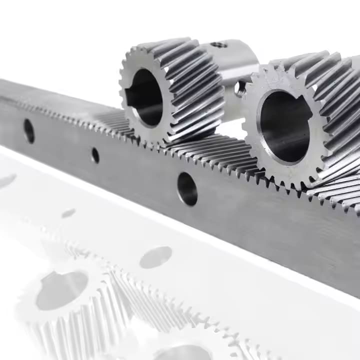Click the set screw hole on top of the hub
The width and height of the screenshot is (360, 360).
pos(219,45)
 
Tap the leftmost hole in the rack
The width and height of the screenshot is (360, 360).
pos(29,130)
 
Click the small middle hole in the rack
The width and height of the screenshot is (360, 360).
pos(95,155)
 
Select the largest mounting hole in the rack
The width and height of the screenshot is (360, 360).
pos(187,188)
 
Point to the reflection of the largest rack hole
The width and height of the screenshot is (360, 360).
pos(155,257)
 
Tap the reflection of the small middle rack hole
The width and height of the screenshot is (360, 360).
pos(68,213)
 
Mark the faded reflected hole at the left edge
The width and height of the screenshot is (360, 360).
pos(6,181)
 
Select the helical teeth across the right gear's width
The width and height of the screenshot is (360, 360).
pos(335,115)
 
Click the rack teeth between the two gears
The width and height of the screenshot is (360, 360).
pos(220,155)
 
